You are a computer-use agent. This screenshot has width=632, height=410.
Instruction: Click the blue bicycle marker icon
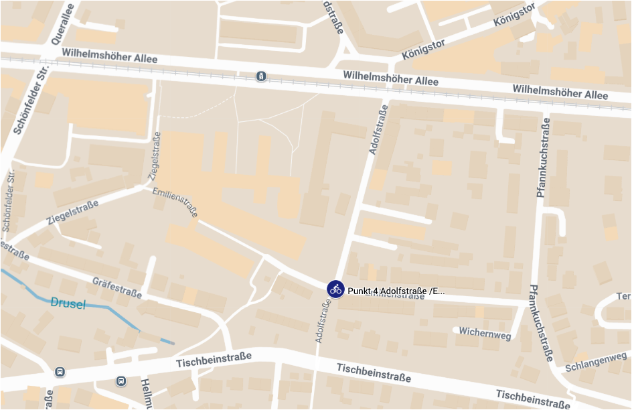click(335, 289)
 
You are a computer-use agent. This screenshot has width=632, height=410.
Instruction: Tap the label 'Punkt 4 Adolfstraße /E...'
click(396, 291)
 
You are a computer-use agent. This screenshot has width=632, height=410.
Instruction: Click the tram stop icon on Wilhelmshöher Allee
click(260, 76)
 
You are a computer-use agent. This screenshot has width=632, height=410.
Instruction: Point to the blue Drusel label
click(68, 303)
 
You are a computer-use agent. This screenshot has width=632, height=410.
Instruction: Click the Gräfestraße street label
click(117, 287)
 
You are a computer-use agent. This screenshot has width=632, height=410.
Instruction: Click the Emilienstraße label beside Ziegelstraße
click(175, 202)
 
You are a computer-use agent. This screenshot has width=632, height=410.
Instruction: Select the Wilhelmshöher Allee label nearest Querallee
click(109, 56)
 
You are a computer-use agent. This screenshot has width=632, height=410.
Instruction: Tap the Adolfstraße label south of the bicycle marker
click(323, 322)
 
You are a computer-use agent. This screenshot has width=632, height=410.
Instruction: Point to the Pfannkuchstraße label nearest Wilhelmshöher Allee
click(544, 158)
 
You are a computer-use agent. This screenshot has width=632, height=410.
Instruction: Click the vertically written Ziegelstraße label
click(155, 155)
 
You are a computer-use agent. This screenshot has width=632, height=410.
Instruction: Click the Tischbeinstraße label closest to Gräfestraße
click(214, 360)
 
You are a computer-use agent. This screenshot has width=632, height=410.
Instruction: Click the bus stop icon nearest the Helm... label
click(121, 381)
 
